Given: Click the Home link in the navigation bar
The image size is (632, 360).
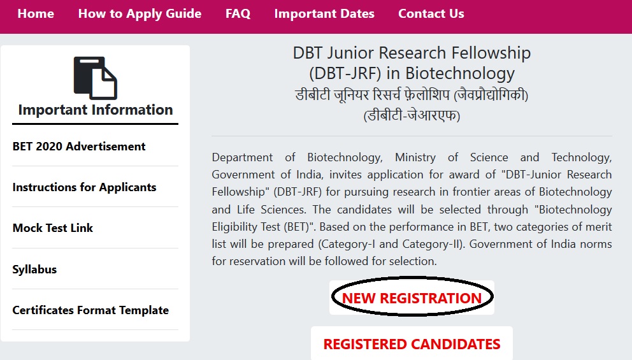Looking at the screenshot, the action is (36, 14).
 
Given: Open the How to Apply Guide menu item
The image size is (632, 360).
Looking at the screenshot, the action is (140, 14).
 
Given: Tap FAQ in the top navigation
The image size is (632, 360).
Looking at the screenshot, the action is (238, 14).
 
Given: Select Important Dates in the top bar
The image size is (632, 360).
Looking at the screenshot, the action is (324, 14).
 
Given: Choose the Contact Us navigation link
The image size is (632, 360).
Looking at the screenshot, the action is (431, 14).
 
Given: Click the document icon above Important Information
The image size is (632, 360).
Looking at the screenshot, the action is (96, 78).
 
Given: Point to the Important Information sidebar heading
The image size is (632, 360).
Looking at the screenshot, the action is (96, 110).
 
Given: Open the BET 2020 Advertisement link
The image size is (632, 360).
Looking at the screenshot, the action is (79, 147).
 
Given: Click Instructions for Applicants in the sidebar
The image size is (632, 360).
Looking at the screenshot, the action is (84, 187).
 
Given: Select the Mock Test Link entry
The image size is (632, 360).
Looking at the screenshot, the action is (53, 227).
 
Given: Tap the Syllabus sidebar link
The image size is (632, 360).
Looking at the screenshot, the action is (34, 270).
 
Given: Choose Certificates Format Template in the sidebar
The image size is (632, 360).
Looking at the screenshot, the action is (90, 310).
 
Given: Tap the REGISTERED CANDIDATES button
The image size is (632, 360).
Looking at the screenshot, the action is (412, 344).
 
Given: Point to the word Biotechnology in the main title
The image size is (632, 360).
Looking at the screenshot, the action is (460, 73).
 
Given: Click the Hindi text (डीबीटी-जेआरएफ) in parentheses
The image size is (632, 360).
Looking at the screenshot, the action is (412, 116).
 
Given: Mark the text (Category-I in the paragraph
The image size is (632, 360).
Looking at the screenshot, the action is (347, 244).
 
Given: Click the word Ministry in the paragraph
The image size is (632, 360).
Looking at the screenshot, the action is (415, 157).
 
